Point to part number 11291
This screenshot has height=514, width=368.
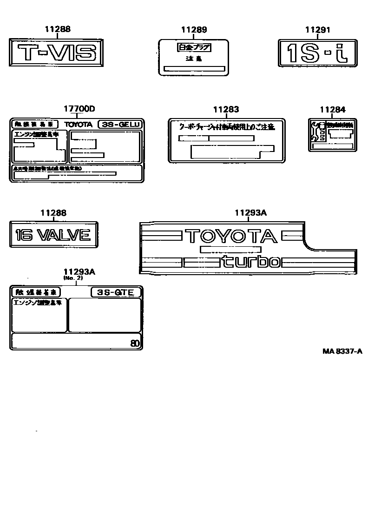tap(317, 30)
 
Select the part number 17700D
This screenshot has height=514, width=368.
tap(79, 109)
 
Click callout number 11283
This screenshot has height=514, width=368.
tap(226, 110)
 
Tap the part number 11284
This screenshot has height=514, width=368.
tap(332, 110)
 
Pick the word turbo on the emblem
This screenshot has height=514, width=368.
tap(250, 262)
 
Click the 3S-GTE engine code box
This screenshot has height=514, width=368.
tap(115, 292)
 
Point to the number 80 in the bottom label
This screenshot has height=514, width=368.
tap(135, 344)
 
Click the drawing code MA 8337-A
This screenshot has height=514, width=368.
tap(342, 351)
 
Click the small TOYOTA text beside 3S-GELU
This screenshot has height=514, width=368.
tap(79, 125)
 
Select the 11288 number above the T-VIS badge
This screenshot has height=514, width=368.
tap(58, 29)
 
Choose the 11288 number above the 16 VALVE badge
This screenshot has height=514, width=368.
tap(53, 213)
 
